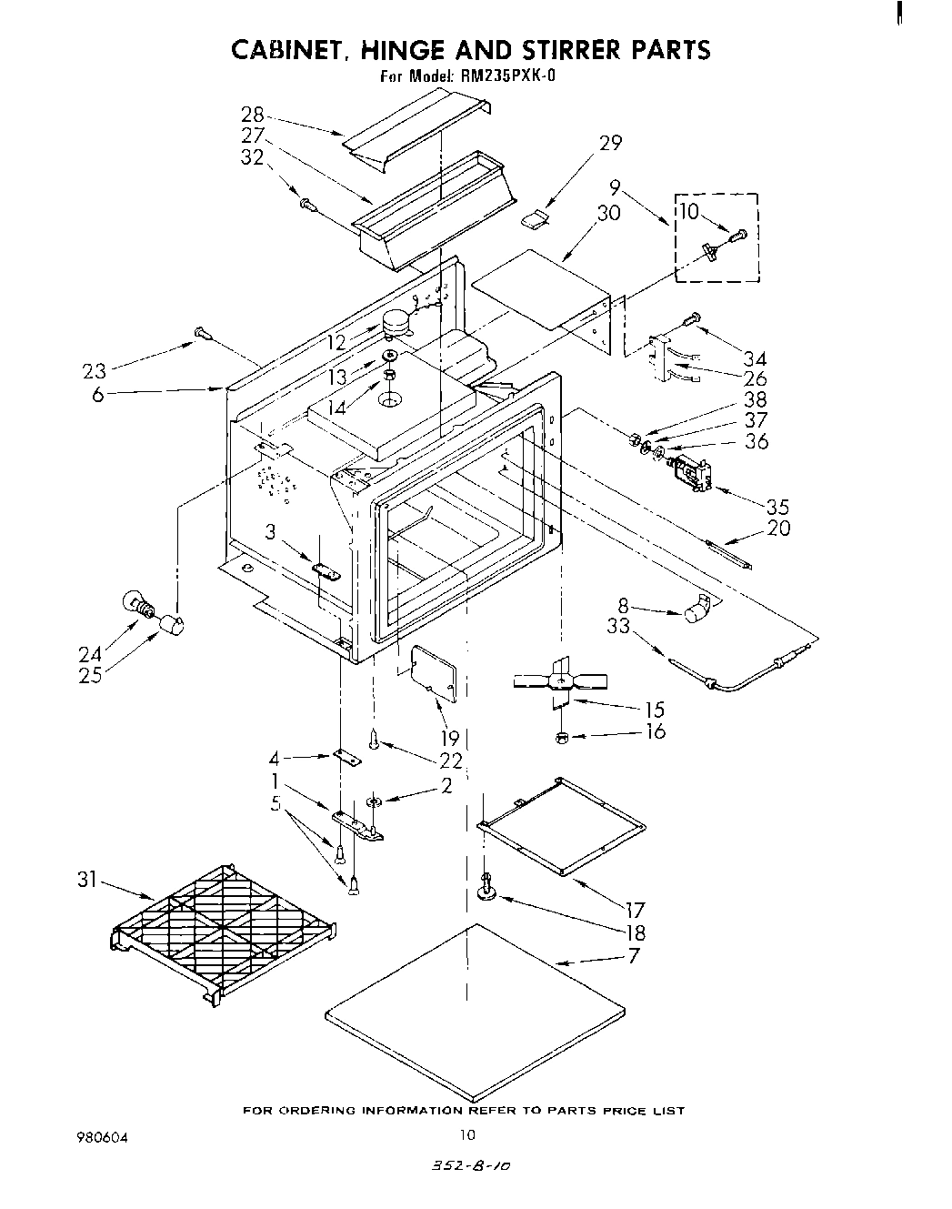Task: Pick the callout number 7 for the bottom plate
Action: (633, 955)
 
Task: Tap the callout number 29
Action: (610, 143)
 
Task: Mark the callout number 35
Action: (777, 507)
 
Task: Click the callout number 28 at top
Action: (252, 115)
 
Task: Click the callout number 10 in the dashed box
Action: (688, 212)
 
